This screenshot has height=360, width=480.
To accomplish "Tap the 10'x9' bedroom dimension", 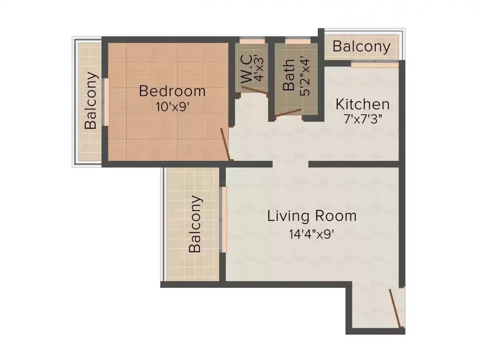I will click(172, 106).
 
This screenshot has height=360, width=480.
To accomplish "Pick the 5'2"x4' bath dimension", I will click(305, 76).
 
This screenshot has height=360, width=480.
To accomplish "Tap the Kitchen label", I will click(362, 104).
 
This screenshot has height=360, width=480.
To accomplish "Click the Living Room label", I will click(312, 216).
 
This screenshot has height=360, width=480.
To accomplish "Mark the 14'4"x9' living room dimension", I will click(312, 234).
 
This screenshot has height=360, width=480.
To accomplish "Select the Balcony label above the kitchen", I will click(361, 47).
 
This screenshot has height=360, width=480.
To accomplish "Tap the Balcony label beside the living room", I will click(196, 224).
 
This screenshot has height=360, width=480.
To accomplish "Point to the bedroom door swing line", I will click(225, 144).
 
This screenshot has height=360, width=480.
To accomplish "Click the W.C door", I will click(255, 91).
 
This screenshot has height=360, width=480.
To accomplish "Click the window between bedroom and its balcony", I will click(106, 101).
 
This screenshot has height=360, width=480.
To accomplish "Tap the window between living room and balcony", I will click(224, 220).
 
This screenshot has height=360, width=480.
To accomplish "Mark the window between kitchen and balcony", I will click(374, 65).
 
